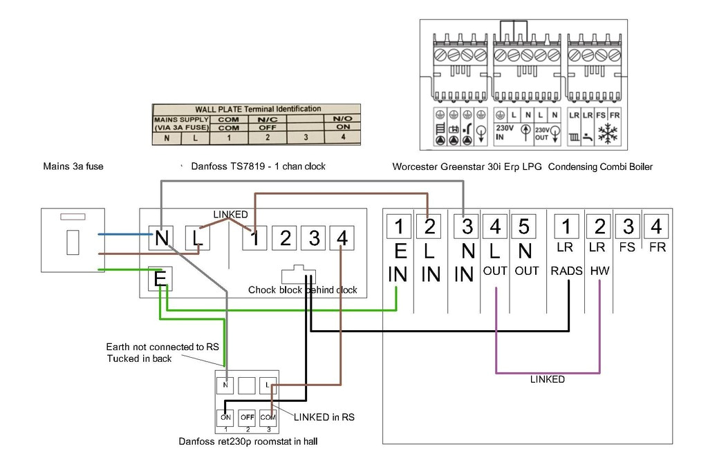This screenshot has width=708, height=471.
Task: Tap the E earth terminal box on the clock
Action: [x=160, y=279]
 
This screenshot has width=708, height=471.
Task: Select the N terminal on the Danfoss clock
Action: [x=160, y=238]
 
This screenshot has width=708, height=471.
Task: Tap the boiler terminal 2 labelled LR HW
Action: [x=599, y=226]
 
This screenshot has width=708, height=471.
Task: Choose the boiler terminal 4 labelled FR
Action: [x=656, y=226]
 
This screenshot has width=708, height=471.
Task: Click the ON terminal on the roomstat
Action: [x=225, y=417]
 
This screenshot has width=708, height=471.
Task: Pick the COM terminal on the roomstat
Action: [x=268, y=417]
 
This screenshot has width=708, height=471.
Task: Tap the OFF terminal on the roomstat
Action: [x=247, y=417]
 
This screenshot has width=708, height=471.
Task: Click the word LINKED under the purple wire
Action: [x=548, y=380]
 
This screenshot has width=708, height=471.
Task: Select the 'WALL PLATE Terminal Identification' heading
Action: [x=258, y=109]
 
